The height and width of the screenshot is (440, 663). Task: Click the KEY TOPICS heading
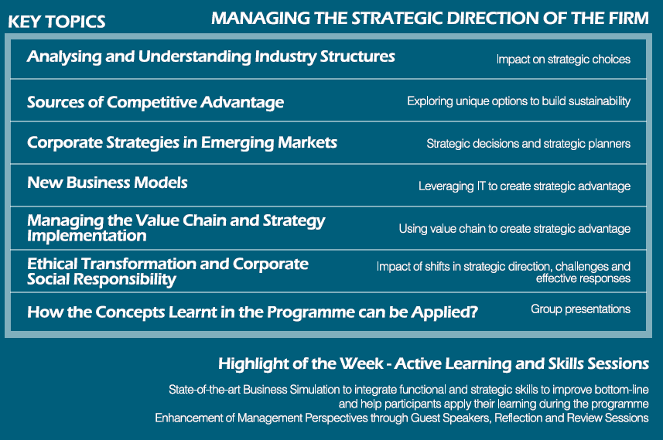pos(56,22)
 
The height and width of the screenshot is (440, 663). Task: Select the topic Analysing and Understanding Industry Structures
pos(211,56)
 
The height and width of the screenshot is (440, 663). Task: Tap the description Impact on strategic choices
pos(563,60)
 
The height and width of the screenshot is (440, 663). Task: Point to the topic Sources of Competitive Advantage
pos(155,102)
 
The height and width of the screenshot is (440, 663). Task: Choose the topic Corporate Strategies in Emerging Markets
pos(183,143)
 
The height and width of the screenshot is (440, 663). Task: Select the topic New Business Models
pos(108,182)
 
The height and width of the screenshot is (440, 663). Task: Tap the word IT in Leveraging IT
pos(481,186)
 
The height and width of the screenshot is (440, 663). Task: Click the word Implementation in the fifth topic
pos(87,236)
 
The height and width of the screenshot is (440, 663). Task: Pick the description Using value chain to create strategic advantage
pos(514,229)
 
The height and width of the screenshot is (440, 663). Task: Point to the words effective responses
pos(583,278)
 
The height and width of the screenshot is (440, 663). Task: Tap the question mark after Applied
pos(473,312)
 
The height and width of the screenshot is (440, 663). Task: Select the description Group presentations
pos(580,309)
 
